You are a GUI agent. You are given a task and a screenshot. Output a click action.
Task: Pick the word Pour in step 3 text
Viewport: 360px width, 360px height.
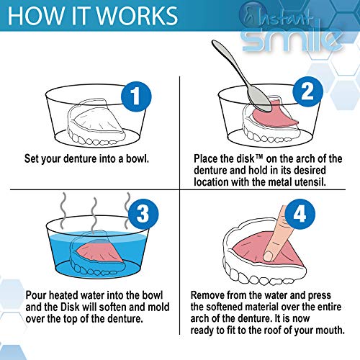click(36, 294)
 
